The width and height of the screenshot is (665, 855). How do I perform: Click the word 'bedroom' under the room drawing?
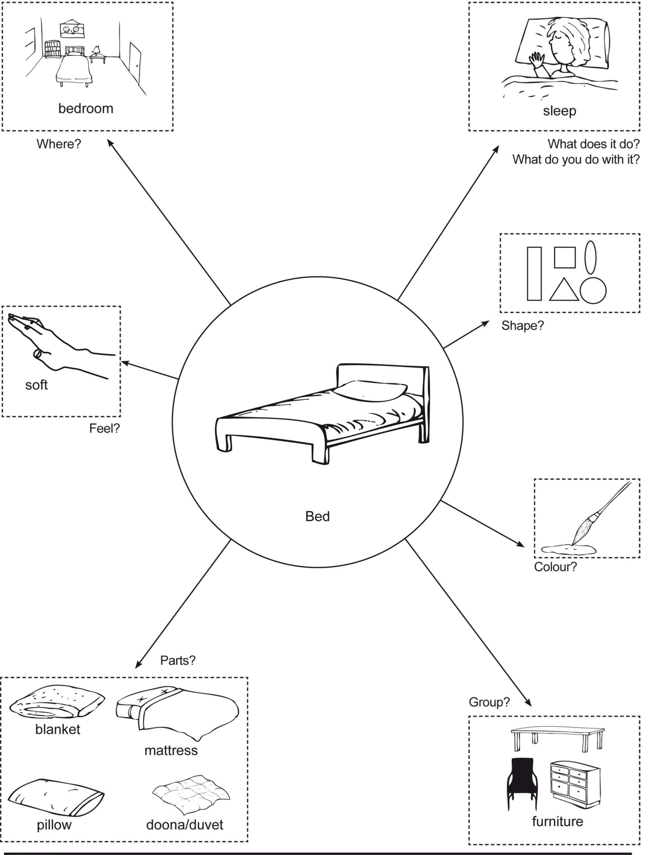(86, 109)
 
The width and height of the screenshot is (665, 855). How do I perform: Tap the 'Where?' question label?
(59, 144)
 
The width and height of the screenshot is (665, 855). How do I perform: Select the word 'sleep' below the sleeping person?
(559, 111)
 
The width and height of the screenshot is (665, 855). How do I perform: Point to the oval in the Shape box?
(590, 257)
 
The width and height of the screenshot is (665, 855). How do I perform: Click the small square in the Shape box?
(564, 257)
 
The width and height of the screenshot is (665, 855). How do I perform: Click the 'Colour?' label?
(555, 567)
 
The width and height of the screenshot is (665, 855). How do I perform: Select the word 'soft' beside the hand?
(36, 385)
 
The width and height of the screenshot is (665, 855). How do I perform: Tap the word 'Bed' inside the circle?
(317, 516)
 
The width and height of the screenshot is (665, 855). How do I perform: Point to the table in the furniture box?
(558, 737)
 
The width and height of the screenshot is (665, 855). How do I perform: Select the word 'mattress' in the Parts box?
(171, 750)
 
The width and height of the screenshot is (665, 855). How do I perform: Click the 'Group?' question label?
(489, 702)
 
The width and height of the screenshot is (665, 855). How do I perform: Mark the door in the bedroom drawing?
(135, 63)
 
